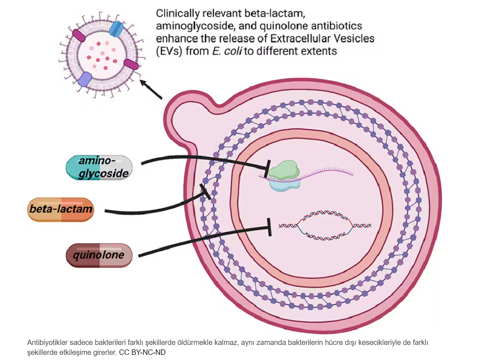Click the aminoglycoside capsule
(99, 168)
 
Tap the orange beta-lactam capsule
(61, 209)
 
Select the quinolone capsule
(99, 255)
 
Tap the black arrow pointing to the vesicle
(151, 89)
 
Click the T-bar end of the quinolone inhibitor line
(270, 227)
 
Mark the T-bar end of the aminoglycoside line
(268, 168)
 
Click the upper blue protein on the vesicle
(116, 29)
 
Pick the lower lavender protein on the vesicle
(85, 79)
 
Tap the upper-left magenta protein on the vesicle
(79, 35)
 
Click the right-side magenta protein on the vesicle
(131, 64)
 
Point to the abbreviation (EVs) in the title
(169, 51)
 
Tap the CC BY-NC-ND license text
(142, 352)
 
